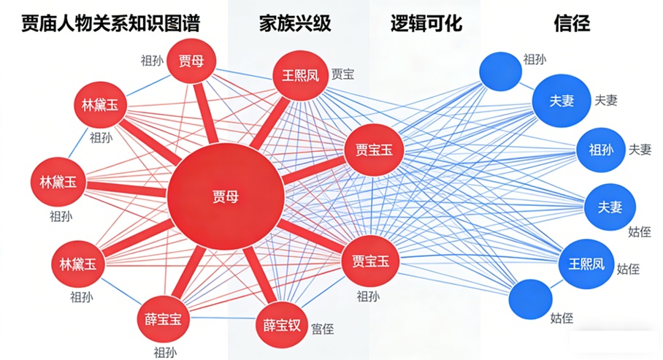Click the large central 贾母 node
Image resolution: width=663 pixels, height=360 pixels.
pyautogui.click(x=225, y=196)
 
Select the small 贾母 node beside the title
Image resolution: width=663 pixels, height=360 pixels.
pyautogui.click(x=191, y=61)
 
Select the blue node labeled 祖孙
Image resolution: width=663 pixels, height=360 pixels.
pyautogui.click(x=600, y=150)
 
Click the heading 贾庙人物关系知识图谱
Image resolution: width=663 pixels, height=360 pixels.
pyautogui.click(x=110, y=23)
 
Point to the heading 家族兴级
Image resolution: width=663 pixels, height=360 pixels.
pyautogui.click(x=295, y=23)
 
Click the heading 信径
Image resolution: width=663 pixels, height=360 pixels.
pyautogui.click(x=572, y=23)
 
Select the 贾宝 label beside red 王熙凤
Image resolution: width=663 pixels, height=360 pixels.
pyautogui.click(x=342, y=74)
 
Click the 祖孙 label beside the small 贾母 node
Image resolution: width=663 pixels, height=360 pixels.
pyautogui.click(x=153, y=61)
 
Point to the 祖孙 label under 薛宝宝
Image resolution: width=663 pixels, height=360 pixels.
pyautogui.click(x=164, y=352)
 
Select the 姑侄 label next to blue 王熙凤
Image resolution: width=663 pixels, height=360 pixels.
pyautogui.click(x=628, y=269)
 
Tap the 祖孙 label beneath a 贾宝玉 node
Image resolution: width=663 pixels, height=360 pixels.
pyautogui.click(x=368, y=296)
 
